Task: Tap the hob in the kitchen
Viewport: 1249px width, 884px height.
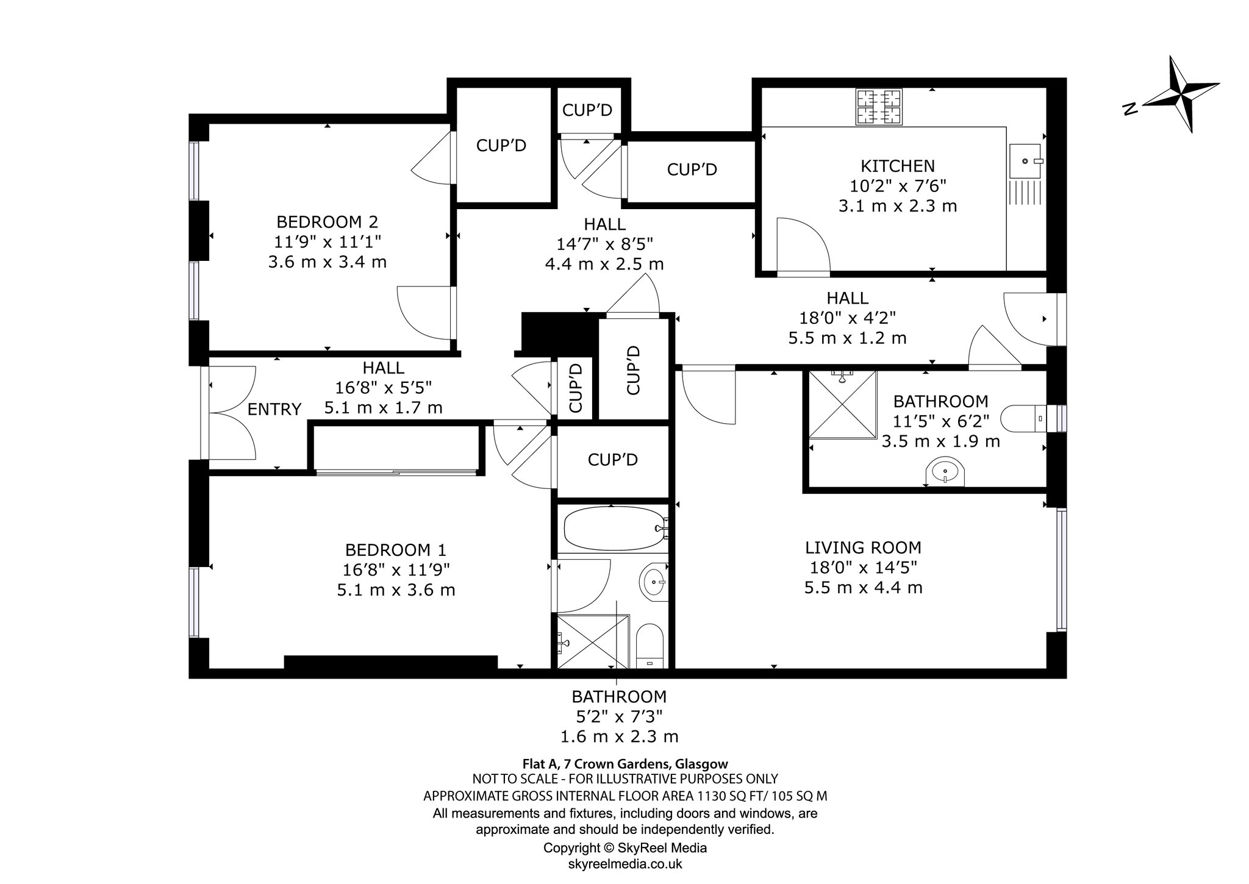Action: click(x=878, y=107)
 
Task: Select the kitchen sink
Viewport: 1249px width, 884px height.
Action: click(x=1026, y=161)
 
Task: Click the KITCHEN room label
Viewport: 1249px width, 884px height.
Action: click(x=897, y=166)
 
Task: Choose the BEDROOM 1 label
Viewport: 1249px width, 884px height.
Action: click(x=396, y=550)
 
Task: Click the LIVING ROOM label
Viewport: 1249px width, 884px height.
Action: click(x=863, y=547)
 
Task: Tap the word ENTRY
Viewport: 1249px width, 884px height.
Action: click(x=274, y=409)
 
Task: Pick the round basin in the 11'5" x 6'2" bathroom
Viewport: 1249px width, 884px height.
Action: click(x=945, y=472)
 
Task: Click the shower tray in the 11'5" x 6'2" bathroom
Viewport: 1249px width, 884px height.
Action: click(x=842, y=404)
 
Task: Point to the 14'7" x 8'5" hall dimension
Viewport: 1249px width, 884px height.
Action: click(x=604, y=244)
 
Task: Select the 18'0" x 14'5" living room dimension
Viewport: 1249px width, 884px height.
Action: click(x=863, y=568)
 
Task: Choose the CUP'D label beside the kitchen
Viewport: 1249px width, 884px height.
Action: click(x=692, y=169)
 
